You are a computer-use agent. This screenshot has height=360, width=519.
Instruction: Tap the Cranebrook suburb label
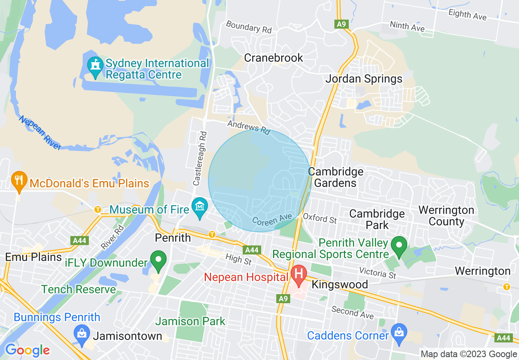pyautogui.click(x=273, y=58)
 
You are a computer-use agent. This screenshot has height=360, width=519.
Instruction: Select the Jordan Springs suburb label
pyautogui.click(x=364, y=79)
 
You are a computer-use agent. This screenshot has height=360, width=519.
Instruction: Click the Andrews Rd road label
pyautogui.click(x=249, y=127)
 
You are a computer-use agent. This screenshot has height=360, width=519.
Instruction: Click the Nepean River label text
pyautogui.click(x=40, y=132)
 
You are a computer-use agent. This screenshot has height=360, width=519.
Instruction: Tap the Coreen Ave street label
pyautogui.click(x=272, y=220)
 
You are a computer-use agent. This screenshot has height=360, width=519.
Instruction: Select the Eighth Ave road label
pyautogui.click(x=467, y=14)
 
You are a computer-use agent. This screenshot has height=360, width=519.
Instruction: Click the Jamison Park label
pyautogui.click(x=190, y=321)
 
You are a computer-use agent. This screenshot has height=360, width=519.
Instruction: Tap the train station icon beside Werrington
pyautogui.click(x=507, y=287)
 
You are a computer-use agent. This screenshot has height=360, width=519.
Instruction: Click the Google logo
pyautogui.click(x=27, y=350)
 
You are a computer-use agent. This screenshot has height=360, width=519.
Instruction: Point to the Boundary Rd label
pyautogui.click(x=249, y=27)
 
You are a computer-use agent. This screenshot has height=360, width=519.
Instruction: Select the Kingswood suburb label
pyautogui.click(x=340, y=284)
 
